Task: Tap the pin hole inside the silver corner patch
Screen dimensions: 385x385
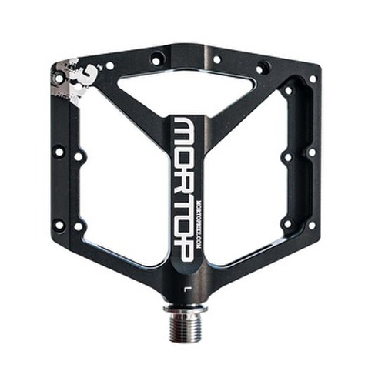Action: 59,77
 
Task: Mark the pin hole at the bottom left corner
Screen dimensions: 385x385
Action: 59,225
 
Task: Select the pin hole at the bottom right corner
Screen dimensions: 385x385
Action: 311,226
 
